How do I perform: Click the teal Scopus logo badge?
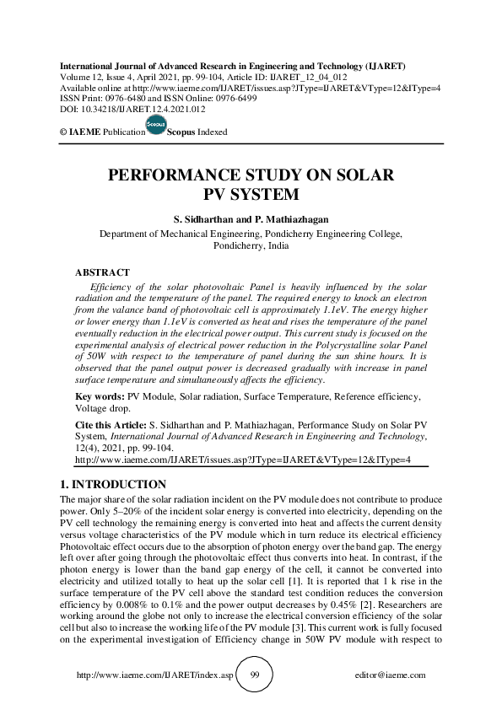pyautogui.click(x=156, y=125)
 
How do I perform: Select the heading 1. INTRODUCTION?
pyautogui.click(x=113, y=485)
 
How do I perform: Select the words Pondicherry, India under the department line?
pyautogui.click(x=251, y=246)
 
